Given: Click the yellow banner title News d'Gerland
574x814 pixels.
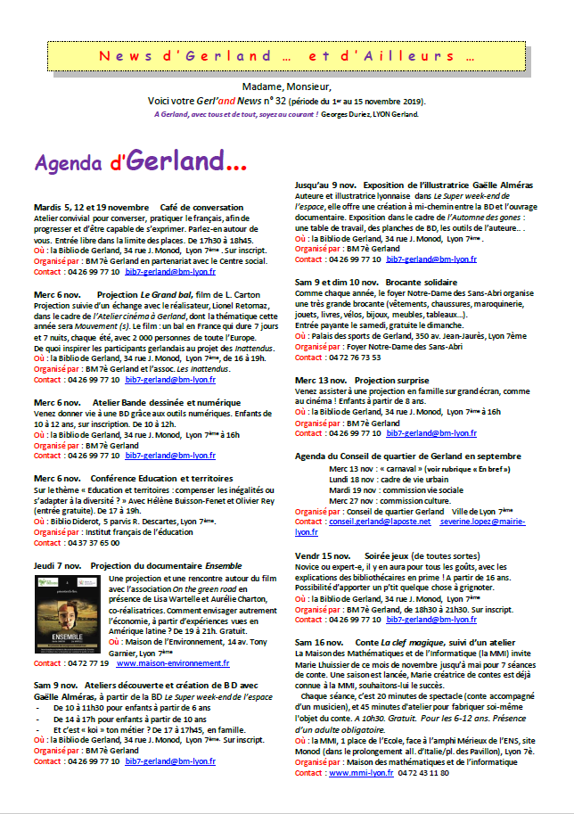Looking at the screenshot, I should click(x=288, y=55).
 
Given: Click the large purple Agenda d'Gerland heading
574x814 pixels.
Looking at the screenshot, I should click(x=141, y=162).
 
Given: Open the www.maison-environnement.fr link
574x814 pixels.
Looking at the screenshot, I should click(x=173, y=663).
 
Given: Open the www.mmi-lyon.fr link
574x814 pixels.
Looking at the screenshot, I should click(x=361, y=772).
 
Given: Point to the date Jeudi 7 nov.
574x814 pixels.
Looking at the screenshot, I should click(x=58, y=565).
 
